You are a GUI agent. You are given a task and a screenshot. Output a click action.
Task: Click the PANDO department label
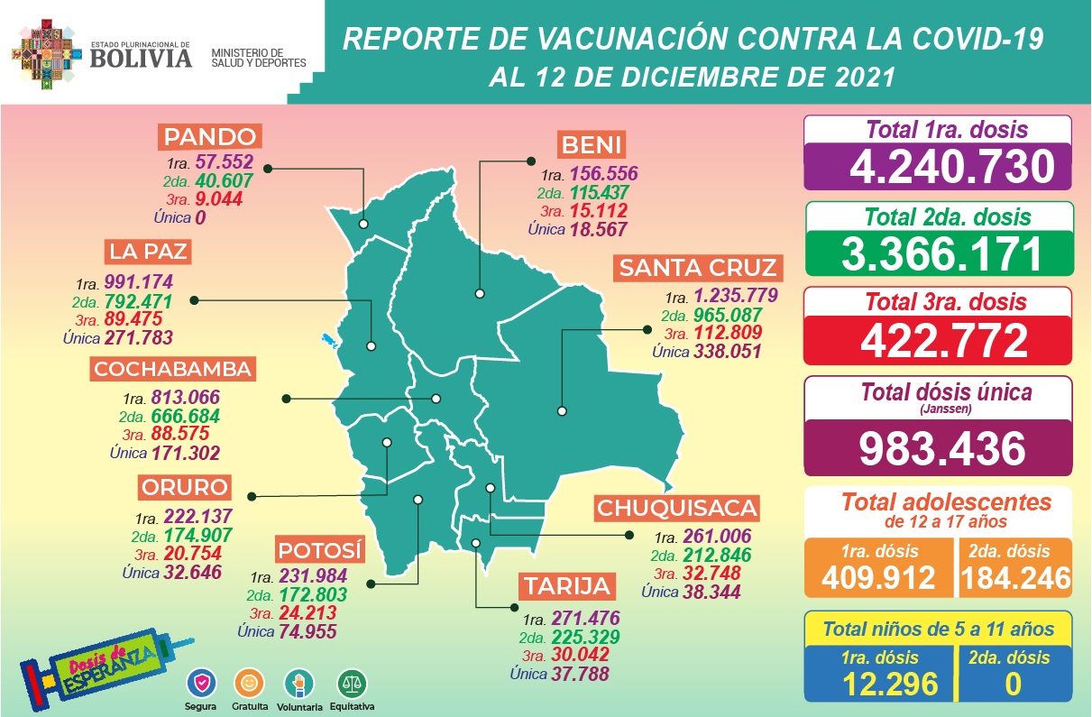[211, 138]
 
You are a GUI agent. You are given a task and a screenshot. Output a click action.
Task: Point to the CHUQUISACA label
[675, 508]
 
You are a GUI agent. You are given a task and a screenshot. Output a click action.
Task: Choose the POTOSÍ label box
[320, 550]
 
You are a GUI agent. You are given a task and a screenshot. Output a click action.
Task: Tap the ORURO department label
[184, 488]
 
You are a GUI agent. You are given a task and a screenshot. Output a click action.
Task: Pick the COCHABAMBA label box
[172, 369]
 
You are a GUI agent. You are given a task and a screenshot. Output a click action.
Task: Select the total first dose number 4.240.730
[938, 167]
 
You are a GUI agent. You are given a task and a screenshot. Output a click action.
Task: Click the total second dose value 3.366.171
[938, 253]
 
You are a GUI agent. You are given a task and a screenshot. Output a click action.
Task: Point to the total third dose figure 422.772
[938, 340]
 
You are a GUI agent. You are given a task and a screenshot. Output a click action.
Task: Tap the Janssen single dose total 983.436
[938, 448]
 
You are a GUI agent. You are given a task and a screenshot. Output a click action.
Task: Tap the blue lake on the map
[329, 341]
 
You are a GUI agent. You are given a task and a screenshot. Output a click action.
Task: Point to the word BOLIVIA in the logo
[140, 58]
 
